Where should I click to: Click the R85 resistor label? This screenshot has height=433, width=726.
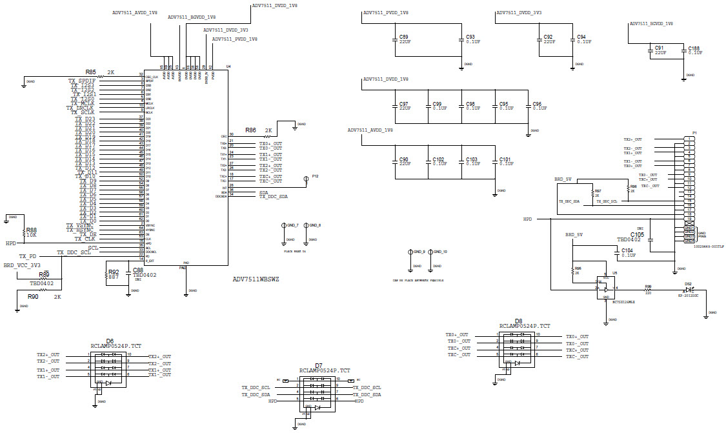(x=91, y=72)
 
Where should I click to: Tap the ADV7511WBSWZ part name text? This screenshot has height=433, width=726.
(x=256, y=279)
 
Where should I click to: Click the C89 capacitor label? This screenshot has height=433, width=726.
(x=404, y=37)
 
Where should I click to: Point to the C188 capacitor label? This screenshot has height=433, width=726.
(x=694, y=48)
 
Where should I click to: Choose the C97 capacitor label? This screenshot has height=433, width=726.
(x=404, y=103)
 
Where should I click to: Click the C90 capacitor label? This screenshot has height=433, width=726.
(x=404, y=159)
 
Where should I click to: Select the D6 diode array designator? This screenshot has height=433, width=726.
(x=110, y=341)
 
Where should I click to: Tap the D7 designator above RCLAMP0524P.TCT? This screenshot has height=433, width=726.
(x=319, y=365)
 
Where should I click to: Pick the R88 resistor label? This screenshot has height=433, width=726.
(x=30, y=229)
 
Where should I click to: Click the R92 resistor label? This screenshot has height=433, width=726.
(x=114, y=272)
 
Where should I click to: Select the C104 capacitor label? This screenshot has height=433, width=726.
(x=627, y=250)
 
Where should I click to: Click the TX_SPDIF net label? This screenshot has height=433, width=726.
(x=82, y=81)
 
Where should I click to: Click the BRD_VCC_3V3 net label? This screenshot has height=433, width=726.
(x=22, y=265)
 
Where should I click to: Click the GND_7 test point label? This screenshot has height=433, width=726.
(x=292, y=225)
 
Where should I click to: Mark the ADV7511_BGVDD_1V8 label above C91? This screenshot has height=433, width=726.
(x=651, y=23)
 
